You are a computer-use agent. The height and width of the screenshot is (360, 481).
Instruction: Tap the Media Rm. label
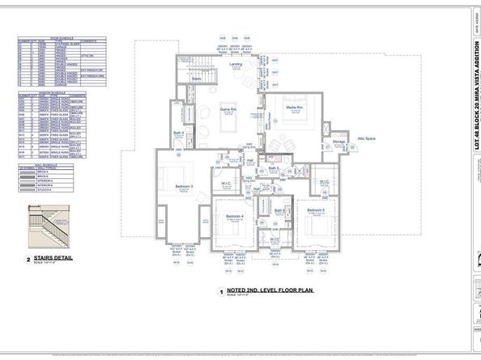(294, 108)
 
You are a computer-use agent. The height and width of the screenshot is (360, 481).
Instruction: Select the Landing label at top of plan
(236, 64)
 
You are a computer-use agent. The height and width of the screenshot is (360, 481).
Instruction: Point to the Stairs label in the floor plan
(196, 79)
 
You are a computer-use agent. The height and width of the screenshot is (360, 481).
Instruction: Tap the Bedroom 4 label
(235, 217)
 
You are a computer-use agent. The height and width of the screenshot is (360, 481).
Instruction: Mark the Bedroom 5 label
(315, 210)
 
